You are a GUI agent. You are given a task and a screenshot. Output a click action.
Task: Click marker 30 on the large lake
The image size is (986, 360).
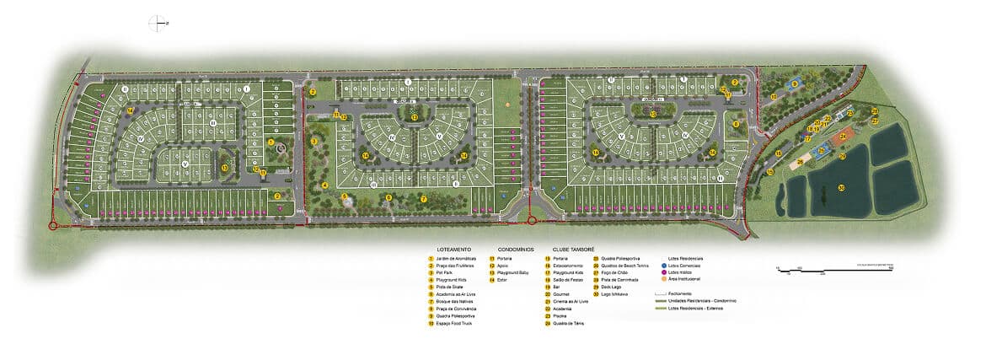tap(840, 188)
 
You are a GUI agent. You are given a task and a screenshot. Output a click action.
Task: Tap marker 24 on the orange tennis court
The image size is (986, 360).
tap(842, 136)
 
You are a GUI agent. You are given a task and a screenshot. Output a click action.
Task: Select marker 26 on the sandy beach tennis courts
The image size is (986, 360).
tap(800, 162)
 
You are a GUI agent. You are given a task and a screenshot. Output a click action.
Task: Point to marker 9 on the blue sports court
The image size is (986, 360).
tap(792, 84)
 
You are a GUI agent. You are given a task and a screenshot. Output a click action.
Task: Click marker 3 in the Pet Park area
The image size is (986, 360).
tap(313, 142)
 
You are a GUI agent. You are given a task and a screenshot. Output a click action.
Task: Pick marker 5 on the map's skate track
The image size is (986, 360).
tap(344, 196)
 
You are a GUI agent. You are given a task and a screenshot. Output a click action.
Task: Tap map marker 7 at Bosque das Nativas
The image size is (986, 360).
tap(424, 199)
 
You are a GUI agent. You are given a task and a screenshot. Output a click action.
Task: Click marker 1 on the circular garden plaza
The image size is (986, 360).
tap(271, 143)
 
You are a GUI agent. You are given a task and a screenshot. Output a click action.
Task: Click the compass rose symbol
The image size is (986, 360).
tap(157, 24)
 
